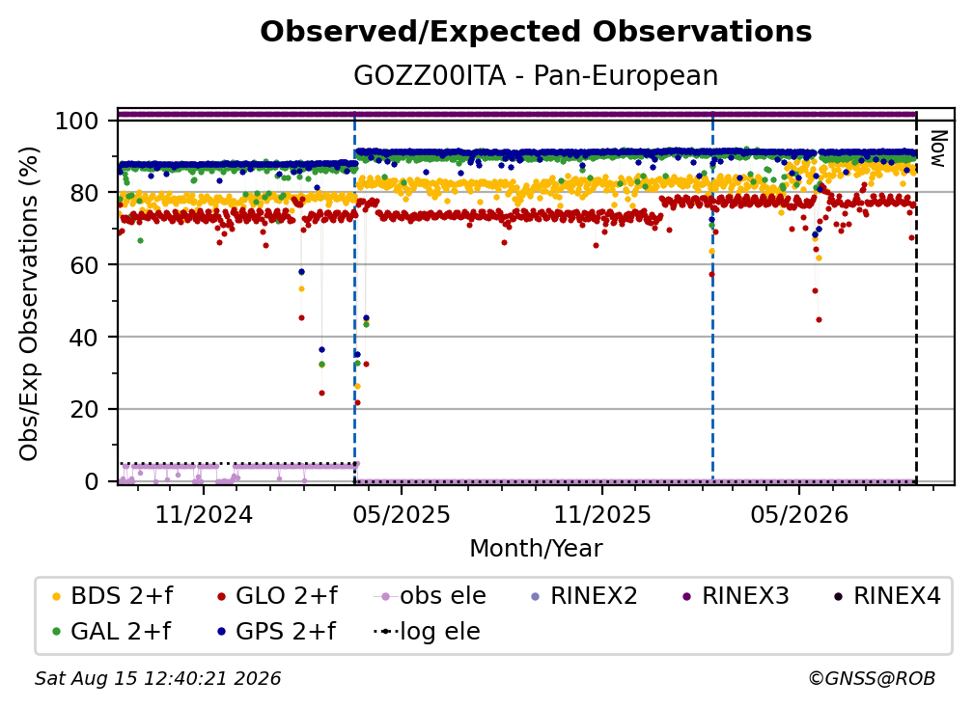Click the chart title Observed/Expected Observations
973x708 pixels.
tap(536, 32)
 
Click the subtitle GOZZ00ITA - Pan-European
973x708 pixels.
tap(536, 75)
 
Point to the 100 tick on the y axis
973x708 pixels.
tap(77, 121)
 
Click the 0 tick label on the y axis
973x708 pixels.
tap(92, 481)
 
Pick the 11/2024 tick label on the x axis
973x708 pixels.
tap(204, 514)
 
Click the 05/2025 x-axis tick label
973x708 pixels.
tap(402, 514)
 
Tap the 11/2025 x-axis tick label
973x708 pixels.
tap(602, 514)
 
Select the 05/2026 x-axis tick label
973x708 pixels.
tap(799, 514)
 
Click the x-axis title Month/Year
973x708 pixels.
tap(536, 549)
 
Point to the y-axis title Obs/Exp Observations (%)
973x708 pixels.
tap(29, 303)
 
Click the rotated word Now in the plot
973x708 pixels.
tap(937, 149)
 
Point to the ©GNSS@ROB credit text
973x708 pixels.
tap(872, 679)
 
